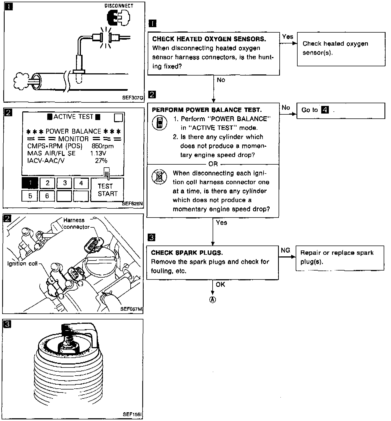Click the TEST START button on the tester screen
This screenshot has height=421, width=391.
coord(107,190)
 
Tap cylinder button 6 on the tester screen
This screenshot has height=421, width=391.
coord(47,196)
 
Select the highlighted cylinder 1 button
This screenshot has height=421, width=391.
coord(30,183)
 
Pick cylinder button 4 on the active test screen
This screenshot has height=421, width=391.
coord(81,183)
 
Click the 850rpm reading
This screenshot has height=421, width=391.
coord(103,146)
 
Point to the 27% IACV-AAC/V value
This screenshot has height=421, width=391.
coord(101,161)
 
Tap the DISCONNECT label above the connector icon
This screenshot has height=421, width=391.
coord(119,6)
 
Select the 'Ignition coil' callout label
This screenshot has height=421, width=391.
coord(23,263)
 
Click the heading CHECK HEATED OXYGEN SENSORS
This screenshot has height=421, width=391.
coord(209,39)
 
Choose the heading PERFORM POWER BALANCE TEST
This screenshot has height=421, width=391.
coord(207,110)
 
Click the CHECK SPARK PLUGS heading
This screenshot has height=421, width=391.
coord(187,253)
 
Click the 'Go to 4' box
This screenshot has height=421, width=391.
coord(340,111)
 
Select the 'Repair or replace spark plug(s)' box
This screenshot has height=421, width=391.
coord(340,257)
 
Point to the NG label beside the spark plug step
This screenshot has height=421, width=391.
coord(285,250)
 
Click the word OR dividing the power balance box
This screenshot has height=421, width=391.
coord(213,164)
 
